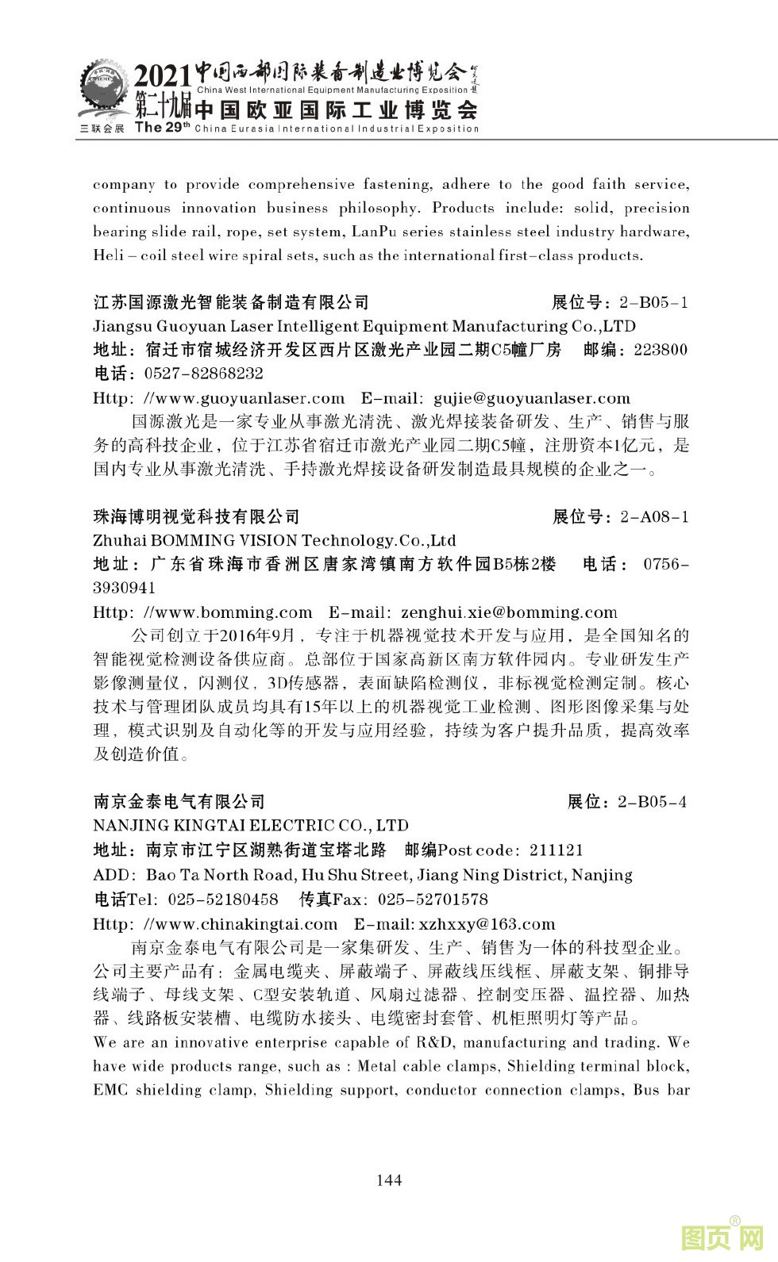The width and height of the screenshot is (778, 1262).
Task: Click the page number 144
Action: (x=388, y=1180)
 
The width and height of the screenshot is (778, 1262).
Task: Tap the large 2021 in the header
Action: (x=162, y=77)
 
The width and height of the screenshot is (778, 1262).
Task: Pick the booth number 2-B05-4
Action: (x=652, y=802)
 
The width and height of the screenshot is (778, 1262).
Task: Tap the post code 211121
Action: (x=556, y=850)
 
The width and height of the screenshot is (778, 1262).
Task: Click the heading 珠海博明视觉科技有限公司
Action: (x=197, y=517)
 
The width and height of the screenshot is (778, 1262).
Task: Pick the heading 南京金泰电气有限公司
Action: (x=179, y=802)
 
